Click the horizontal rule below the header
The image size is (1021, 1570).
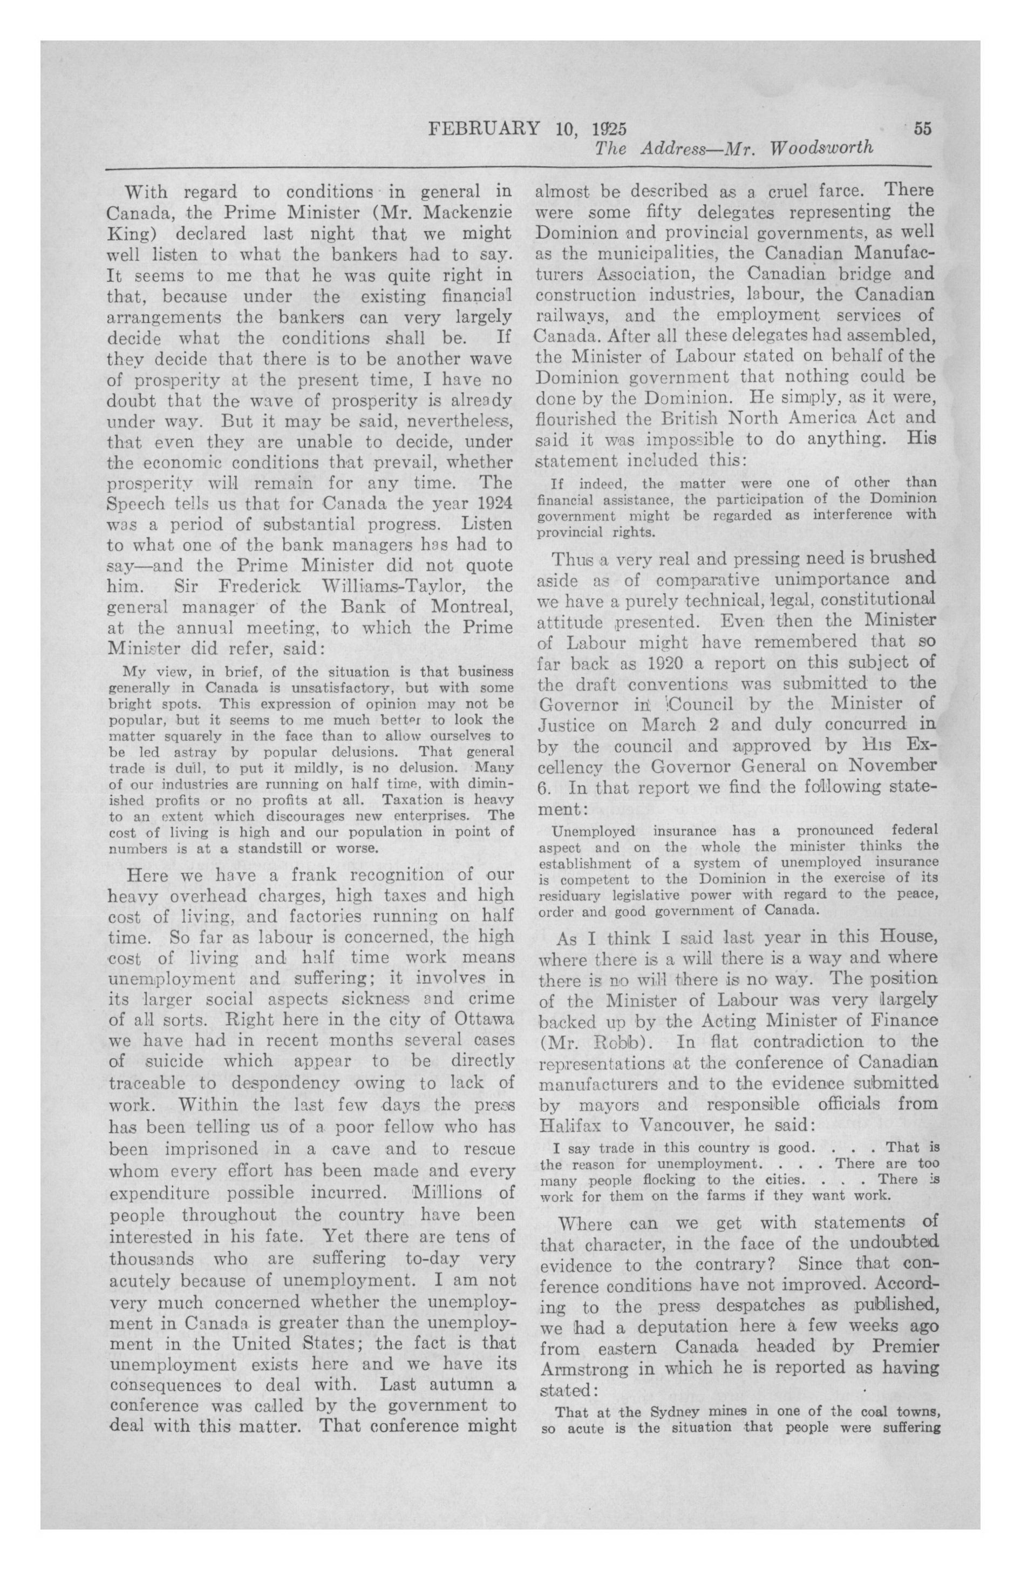coord(519,167)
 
